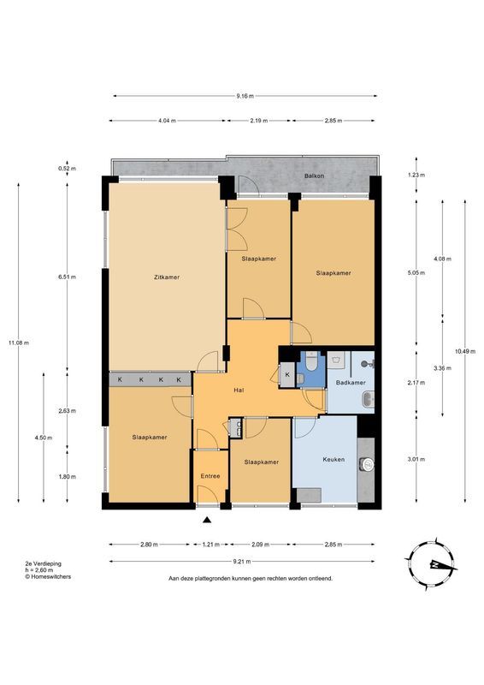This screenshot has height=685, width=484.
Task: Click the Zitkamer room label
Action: (x=166, y=277)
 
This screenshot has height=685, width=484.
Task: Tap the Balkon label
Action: (x=312, y=176)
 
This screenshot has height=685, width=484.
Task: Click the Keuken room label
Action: (x=333, y=460)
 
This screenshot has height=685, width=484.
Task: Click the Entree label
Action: (x=210, y=476)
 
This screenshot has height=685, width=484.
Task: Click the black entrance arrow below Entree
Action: (x=207, y=519)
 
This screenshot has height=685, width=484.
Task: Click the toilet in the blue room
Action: (x=311, y=363)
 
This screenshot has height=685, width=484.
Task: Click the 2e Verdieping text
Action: (x=42, y=564)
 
